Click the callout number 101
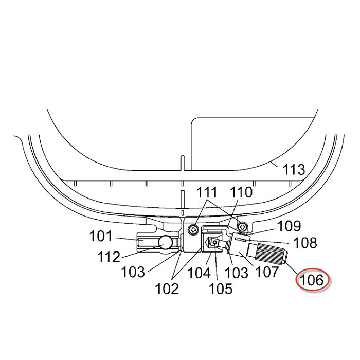101,236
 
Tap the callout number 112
109,257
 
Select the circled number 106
312,280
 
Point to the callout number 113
294,170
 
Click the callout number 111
207,192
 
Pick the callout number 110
241,192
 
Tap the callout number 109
289,226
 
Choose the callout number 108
305,242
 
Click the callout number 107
267,272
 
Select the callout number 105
221,289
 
